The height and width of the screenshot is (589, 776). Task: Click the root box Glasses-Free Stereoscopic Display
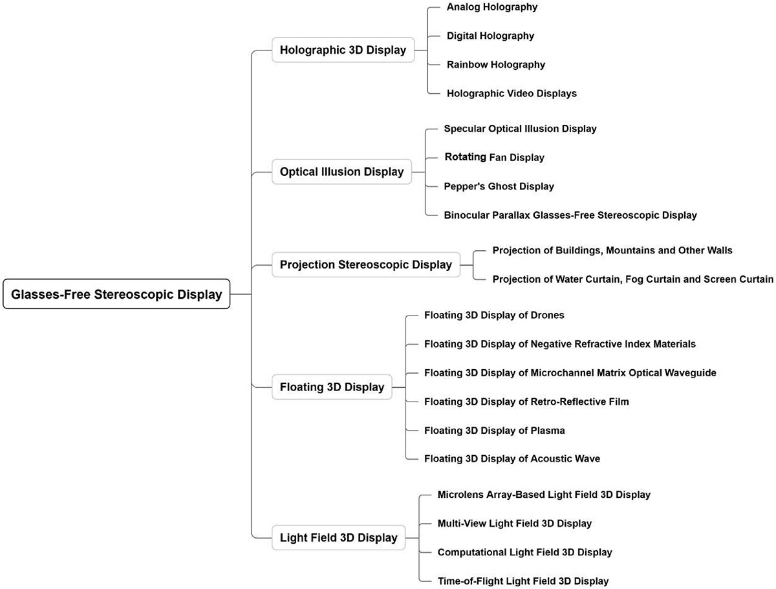click(x=116, y=294)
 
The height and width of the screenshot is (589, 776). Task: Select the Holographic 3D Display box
click(x=343, y=50)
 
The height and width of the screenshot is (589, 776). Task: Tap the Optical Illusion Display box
click(x=341, y=172)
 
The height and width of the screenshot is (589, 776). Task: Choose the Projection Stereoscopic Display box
click(x=365, y=264)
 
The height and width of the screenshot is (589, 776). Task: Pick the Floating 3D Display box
click(x=332, y=387)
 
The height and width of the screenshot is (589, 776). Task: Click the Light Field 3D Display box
click(x=338, y=537)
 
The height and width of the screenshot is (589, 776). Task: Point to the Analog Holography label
click(x=492, y=7)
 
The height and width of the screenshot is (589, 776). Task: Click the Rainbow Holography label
click(x=495, y=65)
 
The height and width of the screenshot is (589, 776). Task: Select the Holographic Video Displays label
click(x=512, y=93)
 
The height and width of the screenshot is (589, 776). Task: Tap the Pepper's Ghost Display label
click(x=499, y=186)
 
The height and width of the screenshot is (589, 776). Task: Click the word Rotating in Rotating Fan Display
click(x=465, y=157)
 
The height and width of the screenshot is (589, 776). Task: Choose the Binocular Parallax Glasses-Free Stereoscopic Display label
click(x=570, y=215)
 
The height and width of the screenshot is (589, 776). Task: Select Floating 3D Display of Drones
click(x=494, y=316)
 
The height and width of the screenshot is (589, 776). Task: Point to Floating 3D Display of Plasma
click(x=495, y=430)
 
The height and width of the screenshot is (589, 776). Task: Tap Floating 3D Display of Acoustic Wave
click(x=512, y=459)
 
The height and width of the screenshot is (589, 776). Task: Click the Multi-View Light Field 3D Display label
click(x=514, y=524)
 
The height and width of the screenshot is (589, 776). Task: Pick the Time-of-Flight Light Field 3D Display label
click(x=523, y=581)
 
